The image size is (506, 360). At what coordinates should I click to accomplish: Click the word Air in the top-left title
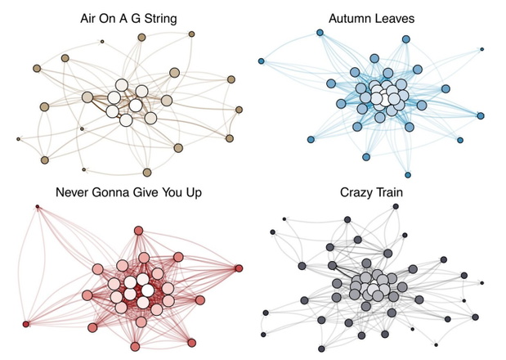[87, 18]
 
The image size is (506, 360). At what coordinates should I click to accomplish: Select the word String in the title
[160, 19]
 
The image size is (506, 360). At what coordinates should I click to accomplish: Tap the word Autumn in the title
[350, 18]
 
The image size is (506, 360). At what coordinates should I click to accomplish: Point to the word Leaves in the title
[394, 18]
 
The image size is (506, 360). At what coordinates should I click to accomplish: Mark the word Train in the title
[388, 192]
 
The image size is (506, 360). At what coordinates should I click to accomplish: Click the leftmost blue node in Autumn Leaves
[261, 61]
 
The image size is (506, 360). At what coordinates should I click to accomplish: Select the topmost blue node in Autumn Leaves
[320, 33]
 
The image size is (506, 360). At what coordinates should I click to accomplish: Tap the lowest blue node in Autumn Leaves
[408, 175]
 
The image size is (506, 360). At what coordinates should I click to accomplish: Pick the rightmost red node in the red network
[239, 268]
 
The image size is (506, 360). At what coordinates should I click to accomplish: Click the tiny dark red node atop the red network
[38, 206]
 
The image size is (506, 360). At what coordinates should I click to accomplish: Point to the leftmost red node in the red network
[26, 324]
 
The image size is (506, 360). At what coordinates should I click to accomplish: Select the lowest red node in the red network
[135, 347]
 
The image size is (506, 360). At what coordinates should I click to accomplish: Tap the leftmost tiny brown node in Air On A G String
[19, 139]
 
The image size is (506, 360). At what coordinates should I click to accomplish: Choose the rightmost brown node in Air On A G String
[239, 110]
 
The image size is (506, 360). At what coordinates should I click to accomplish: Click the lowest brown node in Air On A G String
[147, 173]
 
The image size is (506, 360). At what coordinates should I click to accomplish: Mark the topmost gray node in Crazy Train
[396, 206]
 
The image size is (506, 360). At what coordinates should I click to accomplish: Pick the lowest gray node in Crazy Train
[321, 349]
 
